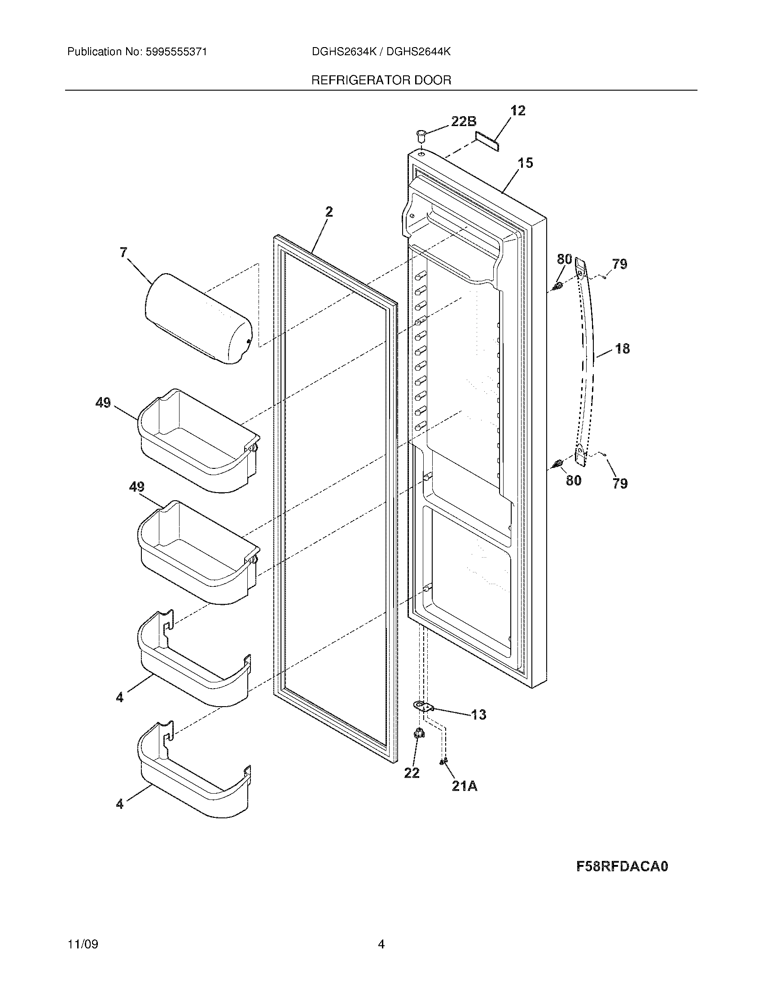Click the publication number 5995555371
coord(176,52)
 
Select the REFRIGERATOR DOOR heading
coord(381,80)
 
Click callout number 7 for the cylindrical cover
coord(123,253)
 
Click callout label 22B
coord(463,121)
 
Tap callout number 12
coord(518,110)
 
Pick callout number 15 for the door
coord(525,163)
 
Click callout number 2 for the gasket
coord(329,211)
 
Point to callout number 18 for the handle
coord(623,349)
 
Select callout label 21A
coord(464,786)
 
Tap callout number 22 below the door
coord(411,773)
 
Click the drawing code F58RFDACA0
coord(622,866)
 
